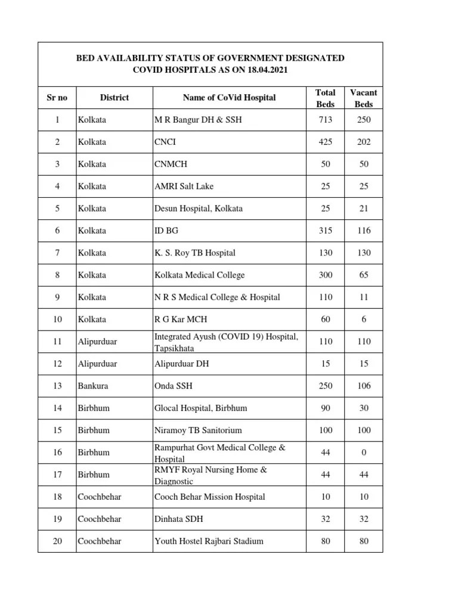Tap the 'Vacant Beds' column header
coord(364,98)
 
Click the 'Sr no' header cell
coord(57,97)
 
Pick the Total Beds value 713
coord(325,120)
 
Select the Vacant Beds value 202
coord(364,142)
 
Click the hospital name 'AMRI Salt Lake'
coord(180,186)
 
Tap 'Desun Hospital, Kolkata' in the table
coord(199,208)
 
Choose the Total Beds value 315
coord(325,231)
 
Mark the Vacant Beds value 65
coord(364,275)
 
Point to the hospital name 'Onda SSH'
coord(174,385)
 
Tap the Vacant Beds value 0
coord(364,452)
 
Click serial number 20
coord(57,541)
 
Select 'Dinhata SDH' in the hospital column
coord(179,519)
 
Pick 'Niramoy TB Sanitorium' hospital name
coord(198,430)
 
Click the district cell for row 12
coord(97,363)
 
